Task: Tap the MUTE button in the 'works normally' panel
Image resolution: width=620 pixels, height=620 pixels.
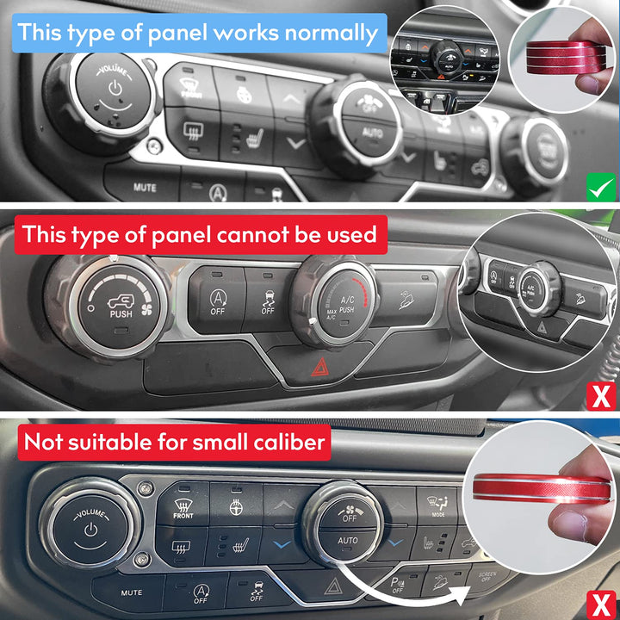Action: [x=144, y=186]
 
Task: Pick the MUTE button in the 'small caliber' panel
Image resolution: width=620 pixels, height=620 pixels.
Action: [x=131, y=592]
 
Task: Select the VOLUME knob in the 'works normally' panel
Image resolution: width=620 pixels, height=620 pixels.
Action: [x=113, y=94]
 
